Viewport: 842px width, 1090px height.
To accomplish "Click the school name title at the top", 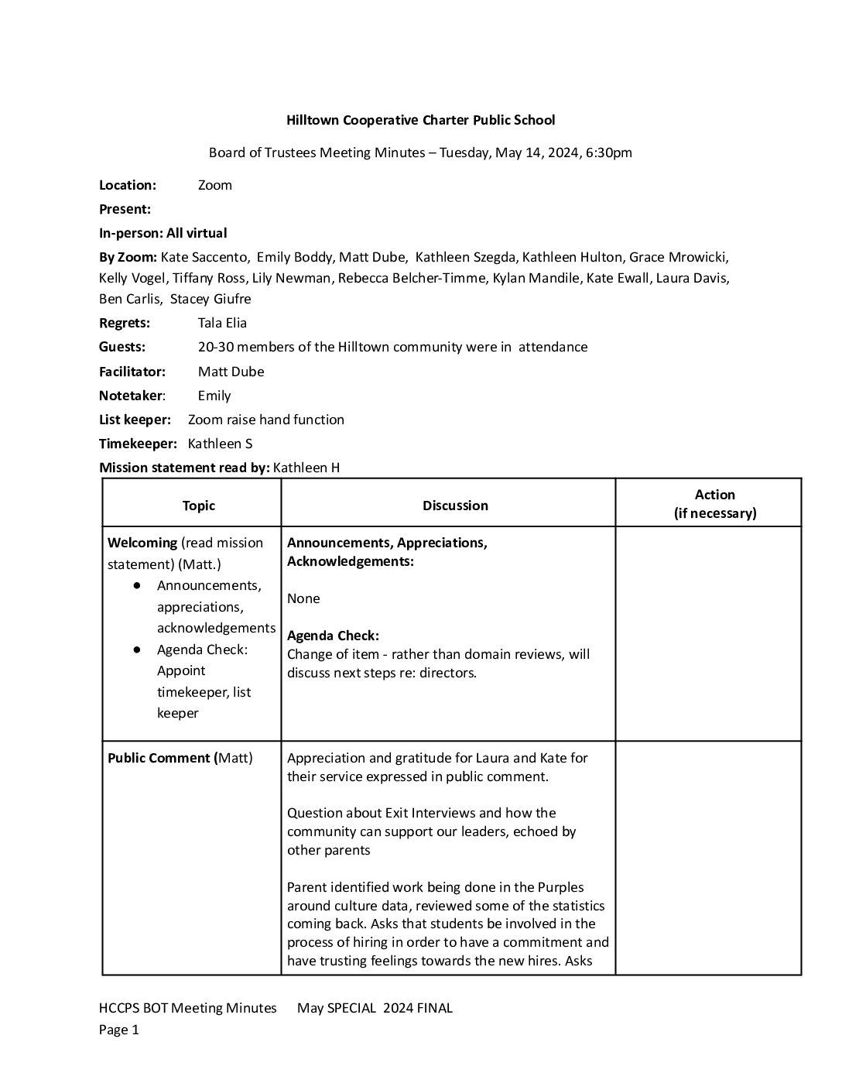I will point(420,120).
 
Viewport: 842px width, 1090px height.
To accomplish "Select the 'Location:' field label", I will point(128,185).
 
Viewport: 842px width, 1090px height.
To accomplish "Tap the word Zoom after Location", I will point(215,185).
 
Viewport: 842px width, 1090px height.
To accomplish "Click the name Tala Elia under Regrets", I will point(222,323).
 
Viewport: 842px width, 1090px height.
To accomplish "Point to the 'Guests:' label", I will point(122,347).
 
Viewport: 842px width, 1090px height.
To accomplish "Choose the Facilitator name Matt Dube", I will point(231,372).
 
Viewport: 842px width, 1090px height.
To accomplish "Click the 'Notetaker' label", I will point(131,396).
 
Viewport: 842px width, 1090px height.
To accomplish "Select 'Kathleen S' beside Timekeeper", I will point(220,444).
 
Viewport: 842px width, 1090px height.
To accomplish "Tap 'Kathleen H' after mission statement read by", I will point(306,468).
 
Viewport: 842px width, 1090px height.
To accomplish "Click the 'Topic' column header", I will point(199,506).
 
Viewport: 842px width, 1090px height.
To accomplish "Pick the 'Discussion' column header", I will point(455,506).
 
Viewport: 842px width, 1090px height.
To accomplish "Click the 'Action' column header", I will point(714,495).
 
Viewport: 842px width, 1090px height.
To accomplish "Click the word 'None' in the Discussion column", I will point(303,598).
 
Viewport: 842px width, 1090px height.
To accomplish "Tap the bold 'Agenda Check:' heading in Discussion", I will point(333,636).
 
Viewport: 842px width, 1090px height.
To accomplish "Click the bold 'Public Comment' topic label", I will point(159,758).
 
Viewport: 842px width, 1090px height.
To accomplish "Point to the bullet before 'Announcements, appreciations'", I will point(137,585).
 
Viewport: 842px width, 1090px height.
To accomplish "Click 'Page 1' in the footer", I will point(119,1030).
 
